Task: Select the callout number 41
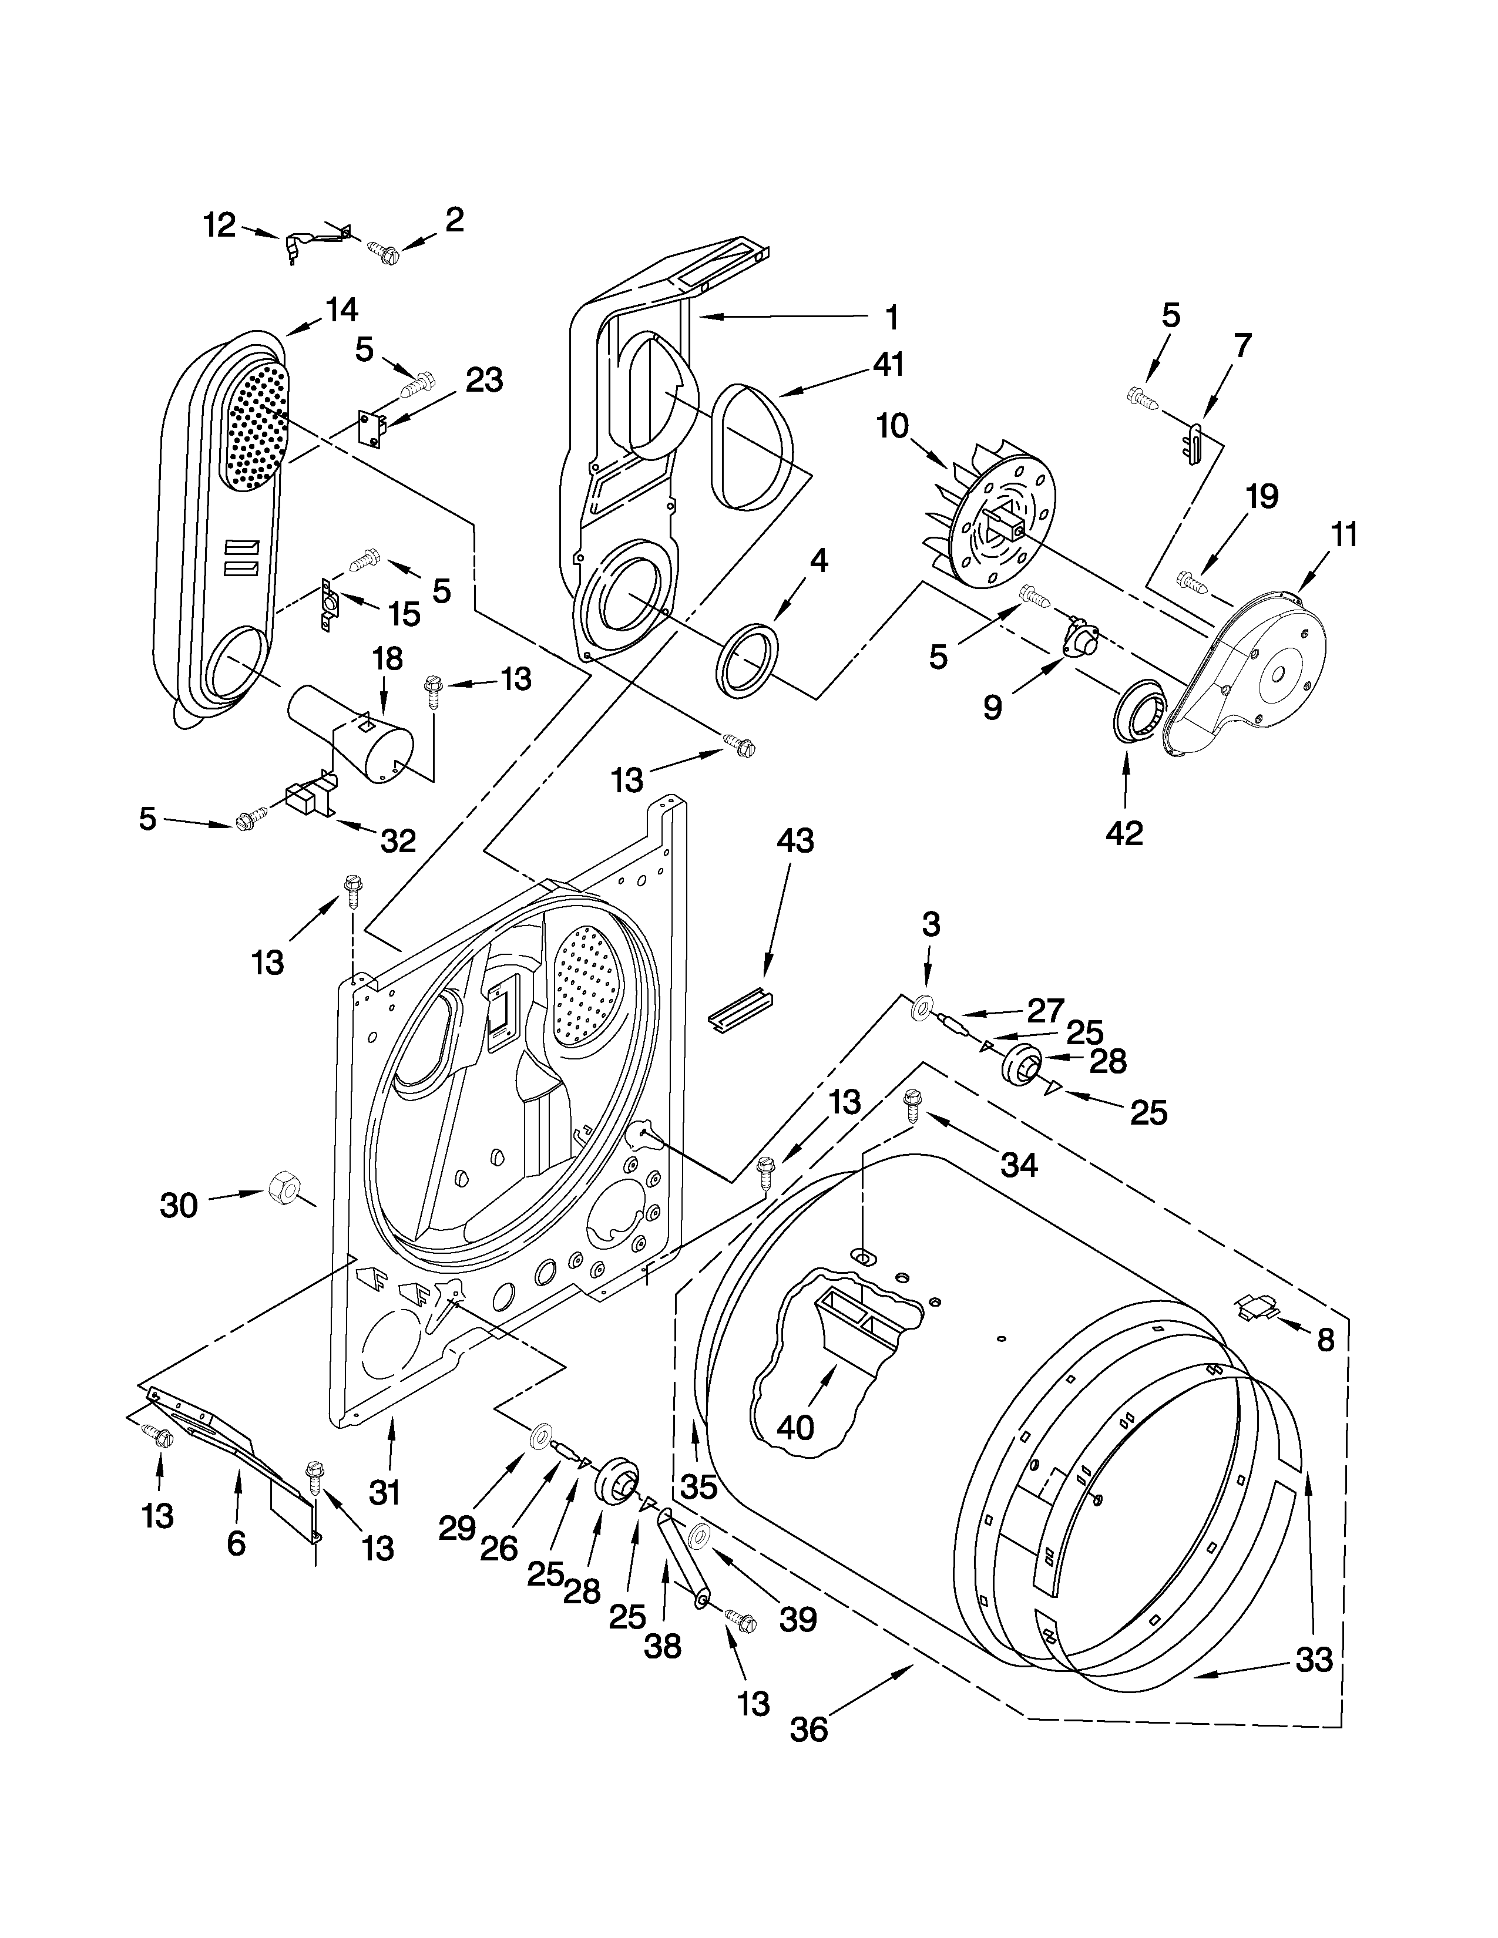[x=888, y=364]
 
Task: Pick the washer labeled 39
[x=698, y=1536]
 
